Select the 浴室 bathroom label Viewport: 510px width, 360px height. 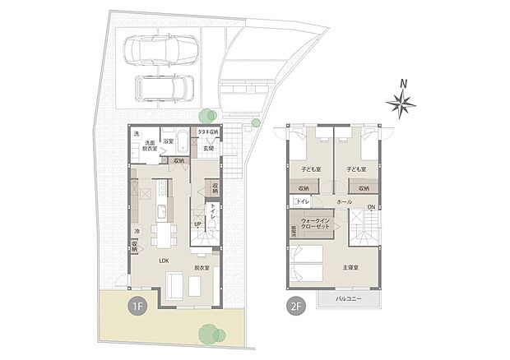pyautogui.click(x=168, y=141)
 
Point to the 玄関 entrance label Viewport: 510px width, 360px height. pyautogui.click(x=209, y=149)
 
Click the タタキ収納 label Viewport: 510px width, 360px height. pyautogui.click(x=209, y=132)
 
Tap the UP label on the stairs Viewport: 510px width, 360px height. pyautogui.click(x=197, y=224)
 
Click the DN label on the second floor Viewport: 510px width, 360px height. pyautogui.click(x=371, y=206)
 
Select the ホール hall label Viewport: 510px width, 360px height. pyautogui.click(x=345, y=201)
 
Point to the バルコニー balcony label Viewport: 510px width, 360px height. pyautogui.click(x=351, y=298)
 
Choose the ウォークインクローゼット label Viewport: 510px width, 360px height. pyautogui.click(x=316, y=225)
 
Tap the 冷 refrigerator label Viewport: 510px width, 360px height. pyautogui.click(x=136, y=231)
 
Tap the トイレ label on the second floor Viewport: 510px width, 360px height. pyautogui.click(x=302, y=201)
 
